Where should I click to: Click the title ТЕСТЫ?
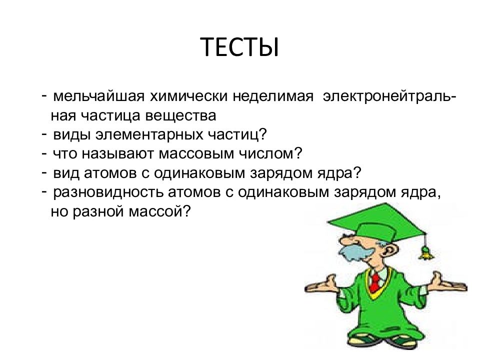tap(239, 47)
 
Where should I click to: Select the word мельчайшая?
tap(98, 96)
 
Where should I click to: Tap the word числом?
tap(263, 154)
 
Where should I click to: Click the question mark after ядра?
tap(357, 172)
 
